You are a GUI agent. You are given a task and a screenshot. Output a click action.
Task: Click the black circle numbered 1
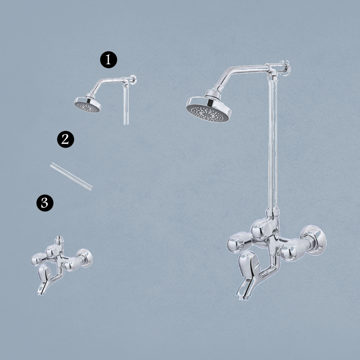tap(108, 59)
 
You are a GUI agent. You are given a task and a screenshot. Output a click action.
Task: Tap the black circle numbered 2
tap(65, 139)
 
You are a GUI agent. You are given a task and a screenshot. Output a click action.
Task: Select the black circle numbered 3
tap(45, 203)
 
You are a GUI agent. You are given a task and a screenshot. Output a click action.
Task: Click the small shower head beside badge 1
tap(87, 105)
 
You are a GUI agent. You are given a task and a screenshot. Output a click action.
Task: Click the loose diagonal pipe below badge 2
tap(71, 176)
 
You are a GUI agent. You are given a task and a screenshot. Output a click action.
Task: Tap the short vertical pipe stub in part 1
tap(126, 105)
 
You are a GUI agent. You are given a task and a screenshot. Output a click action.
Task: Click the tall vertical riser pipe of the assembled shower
tap(272, 142)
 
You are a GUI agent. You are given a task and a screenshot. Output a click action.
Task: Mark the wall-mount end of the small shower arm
tap(132, 79)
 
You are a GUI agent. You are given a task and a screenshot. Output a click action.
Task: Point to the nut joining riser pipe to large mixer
tap(272, 212)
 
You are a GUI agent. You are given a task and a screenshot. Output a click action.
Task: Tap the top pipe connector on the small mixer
tap(59, 240)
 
